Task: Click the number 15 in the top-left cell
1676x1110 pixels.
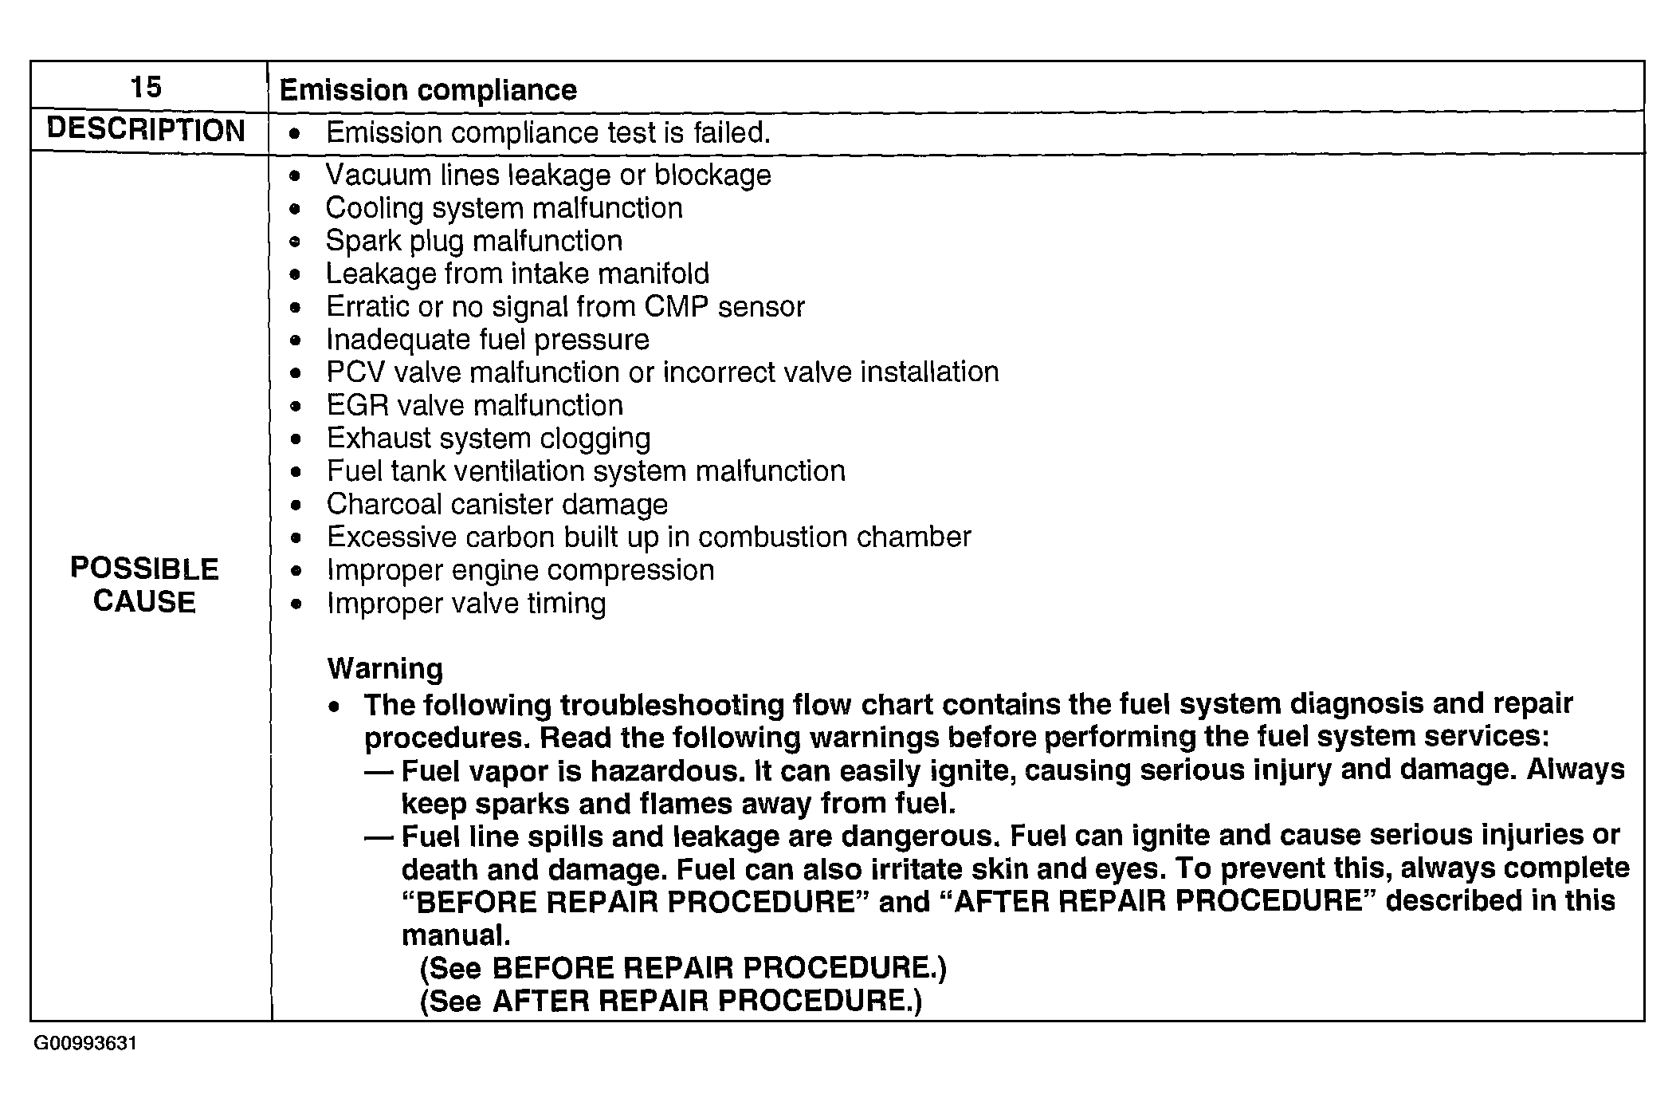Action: click(x=146, y=87)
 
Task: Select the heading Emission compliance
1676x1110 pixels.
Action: click(x=428, y=90)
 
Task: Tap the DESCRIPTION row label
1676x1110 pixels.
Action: click(x=146, y=131)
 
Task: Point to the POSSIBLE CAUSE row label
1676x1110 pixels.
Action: click(x=144, y=585)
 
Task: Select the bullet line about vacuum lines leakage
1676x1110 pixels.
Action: click(x=548, y=175)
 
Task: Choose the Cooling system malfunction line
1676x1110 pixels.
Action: click(x=504, y=208)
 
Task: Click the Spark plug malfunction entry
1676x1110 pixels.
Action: click(x=474, y=241)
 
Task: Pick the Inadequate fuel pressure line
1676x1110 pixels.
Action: click(x=488, y=340)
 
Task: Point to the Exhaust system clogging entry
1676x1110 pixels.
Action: click(x=489, y=439)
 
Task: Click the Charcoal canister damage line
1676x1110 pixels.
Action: click(x=497, y=505)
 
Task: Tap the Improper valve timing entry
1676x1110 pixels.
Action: click(x=466, y=604)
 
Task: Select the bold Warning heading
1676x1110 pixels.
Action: click(x=385, y=668)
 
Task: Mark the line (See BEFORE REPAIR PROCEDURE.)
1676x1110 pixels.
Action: click(x=683, y=968)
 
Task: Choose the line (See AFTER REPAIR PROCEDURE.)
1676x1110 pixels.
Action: click(x=670, y=1001)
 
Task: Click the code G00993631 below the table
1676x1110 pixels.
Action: click(x=85, y=1044)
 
